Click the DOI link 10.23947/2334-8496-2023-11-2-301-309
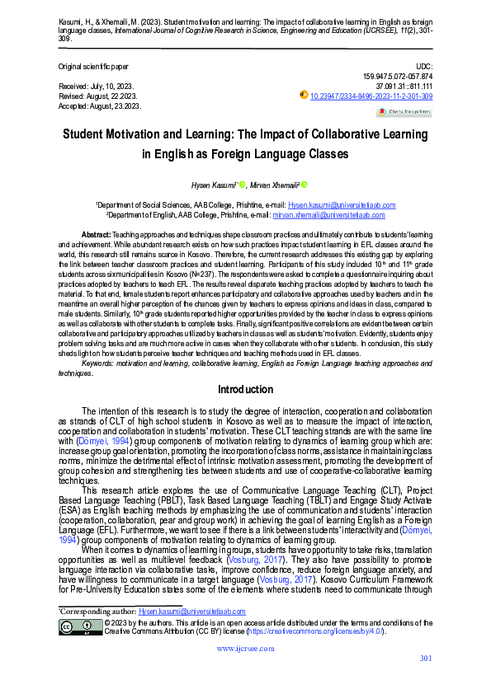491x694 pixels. (x=371, y=96)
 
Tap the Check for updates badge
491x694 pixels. (x=404, y=111)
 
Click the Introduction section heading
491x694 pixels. (x=245, y=389)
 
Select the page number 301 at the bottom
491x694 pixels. (x=426, y=680)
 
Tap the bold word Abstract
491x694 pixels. (x=97, y=235)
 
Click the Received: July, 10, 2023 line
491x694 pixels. (x=97, y=86)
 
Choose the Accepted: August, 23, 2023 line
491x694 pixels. (x=99, y=106)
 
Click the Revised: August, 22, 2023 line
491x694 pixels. (x=98, y=96)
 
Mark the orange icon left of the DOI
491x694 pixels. (x=304, y=96)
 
